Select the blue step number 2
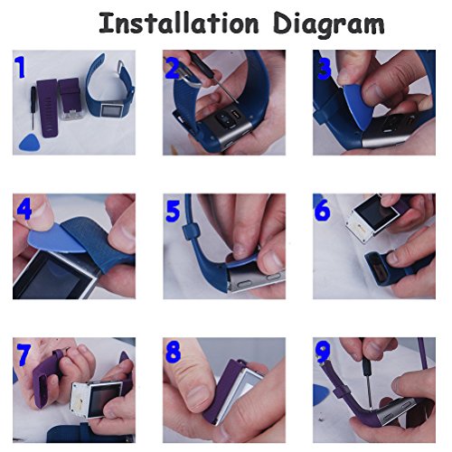(173, 68)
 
